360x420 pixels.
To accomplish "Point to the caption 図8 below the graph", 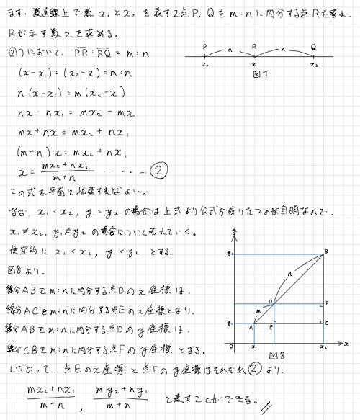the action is [277, 355].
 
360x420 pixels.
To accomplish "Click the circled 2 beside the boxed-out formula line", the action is [158, 171].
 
